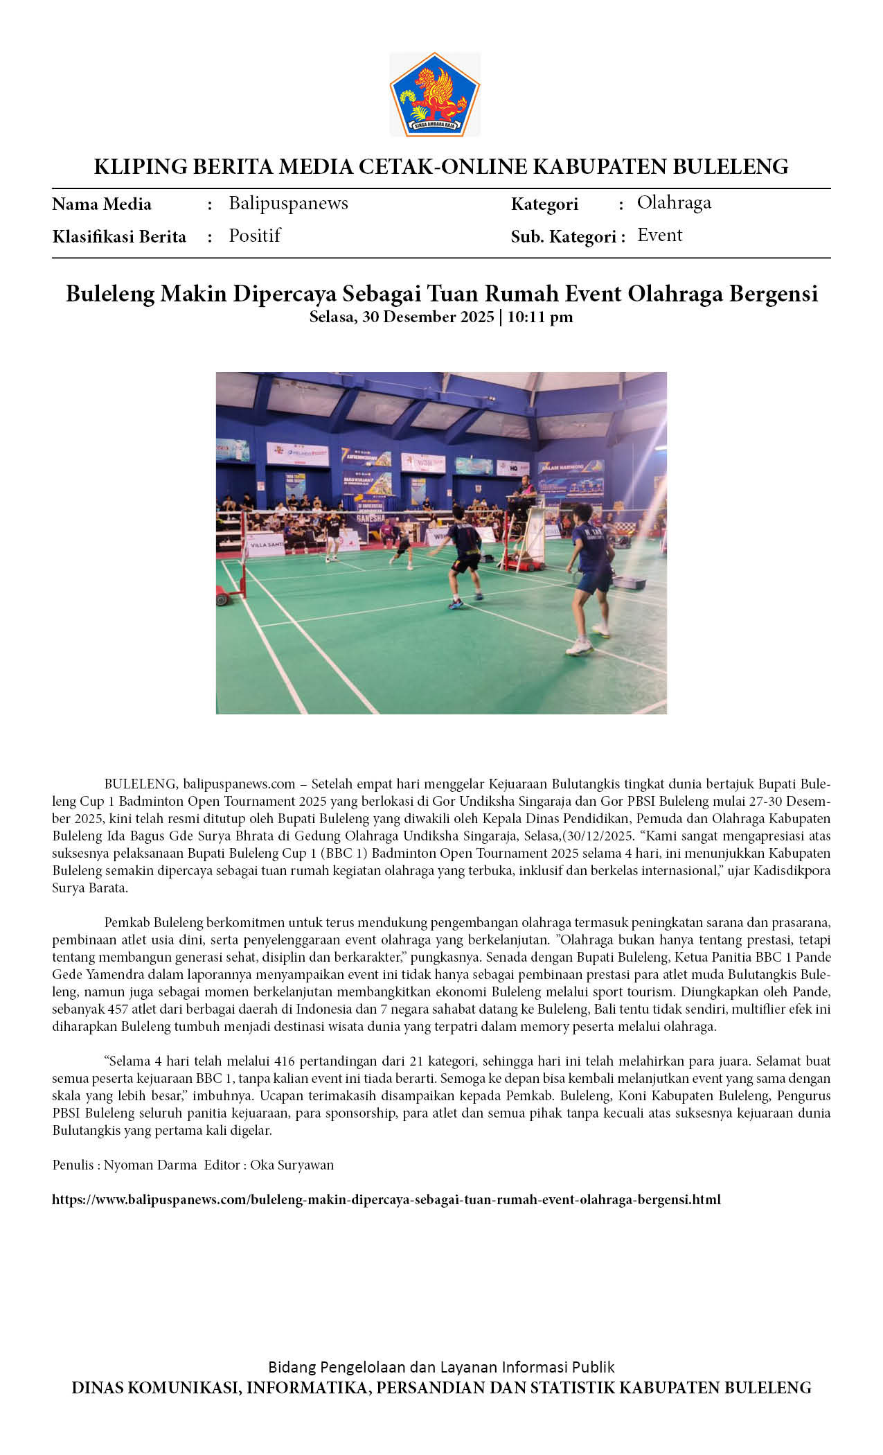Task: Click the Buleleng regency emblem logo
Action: click(x=434, y=94)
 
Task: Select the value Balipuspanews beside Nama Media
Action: click(x=288, y=203)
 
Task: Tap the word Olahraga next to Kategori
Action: click(x=674, y=202)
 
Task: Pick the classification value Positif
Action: click(x=254, y=236)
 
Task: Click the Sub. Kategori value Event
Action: click(x=659, y=236)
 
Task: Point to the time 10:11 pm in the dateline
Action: click(x=540, y=317)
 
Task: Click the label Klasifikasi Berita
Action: click(x=119, y=237)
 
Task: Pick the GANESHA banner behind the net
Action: click(x=371, y=518)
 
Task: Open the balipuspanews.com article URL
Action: click(x=386, y=1199)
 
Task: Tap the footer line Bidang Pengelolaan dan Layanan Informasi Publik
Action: click(x=441, y=1367)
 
